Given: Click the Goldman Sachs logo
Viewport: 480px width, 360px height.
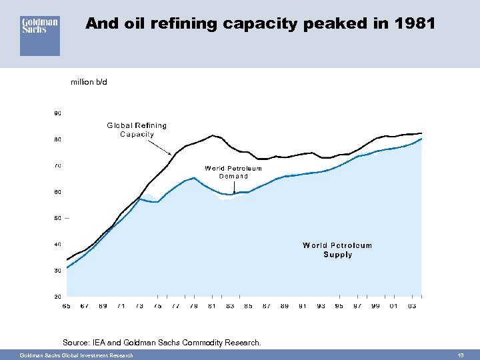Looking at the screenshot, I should (40, 35).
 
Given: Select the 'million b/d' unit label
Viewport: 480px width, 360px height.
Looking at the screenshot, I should (89, 83).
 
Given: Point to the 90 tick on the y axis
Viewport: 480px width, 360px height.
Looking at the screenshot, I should (57, 113).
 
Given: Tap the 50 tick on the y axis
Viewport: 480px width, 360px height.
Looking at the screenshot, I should (57, 218).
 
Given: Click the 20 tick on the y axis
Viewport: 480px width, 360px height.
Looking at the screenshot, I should (57, 296).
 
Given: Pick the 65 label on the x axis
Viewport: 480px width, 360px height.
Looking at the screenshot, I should (67, 306).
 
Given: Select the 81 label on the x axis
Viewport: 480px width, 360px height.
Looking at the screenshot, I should (212, 306).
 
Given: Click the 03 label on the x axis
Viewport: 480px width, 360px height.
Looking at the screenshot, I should (412, 306).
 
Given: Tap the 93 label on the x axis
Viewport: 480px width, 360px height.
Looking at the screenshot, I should (321, 306).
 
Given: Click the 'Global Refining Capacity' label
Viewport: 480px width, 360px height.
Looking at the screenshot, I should (137, 129).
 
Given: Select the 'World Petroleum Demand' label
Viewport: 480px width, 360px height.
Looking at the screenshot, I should (233, 172).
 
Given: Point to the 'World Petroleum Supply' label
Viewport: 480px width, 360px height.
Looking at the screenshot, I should (337, 250).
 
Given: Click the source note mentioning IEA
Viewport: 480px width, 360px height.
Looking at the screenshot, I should (161, 343).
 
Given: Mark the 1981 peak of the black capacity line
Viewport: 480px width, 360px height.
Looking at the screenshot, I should (213, 135).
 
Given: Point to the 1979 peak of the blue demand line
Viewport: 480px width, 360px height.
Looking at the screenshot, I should (193, 177).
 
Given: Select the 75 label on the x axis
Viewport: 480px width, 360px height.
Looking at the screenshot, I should (157, 306).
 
